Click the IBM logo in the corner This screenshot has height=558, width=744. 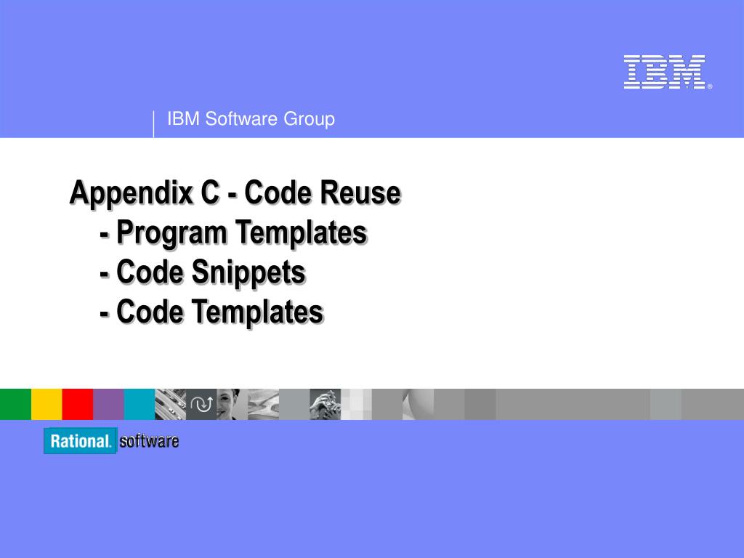click(667, 72)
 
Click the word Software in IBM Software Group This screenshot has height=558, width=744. click(241, 118)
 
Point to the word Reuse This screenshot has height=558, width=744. click(360, 193)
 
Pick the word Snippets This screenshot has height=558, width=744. click(248, 273)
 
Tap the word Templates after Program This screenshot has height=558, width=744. click(302, 232)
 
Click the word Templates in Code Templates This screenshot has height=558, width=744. click(258, 312)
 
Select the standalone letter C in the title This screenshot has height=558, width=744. click(211, 192)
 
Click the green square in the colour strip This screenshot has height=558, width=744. click(16, 404)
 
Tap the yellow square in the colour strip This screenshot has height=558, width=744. click(46, 404)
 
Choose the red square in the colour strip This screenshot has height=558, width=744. click(77, 404)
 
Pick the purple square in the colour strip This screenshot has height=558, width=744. click(108, 404)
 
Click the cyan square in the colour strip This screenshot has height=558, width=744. click(139, 404)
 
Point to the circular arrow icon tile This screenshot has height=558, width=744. click(201, 404)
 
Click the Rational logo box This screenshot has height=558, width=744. click(80, 441)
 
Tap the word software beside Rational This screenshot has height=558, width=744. click(149, 441)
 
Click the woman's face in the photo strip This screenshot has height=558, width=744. click(229, 403)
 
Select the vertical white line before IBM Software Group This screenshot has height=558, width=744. click(154, 124)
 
